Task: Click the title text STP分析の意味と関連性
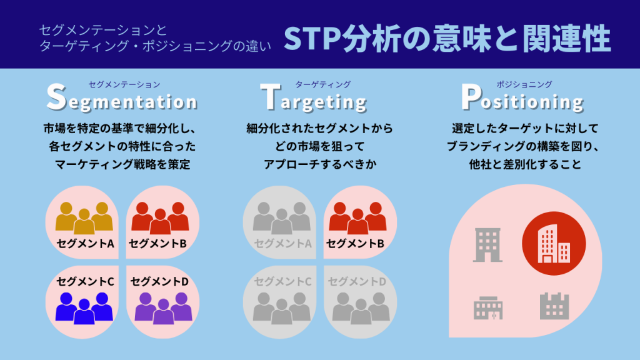tap(447, 39)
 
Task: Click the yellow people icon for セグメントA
tap(84, 217)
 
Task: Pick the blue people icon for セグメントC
tap(84, 306)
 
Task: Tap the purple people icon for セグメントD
tap(163, 306)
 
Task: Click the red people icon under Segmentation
tap(160, 217)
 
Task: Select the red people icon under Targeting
tap(357, 217)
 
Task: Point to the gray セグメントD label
tap(357, 282)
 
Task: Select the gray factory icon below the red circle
tap(554, 306)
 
